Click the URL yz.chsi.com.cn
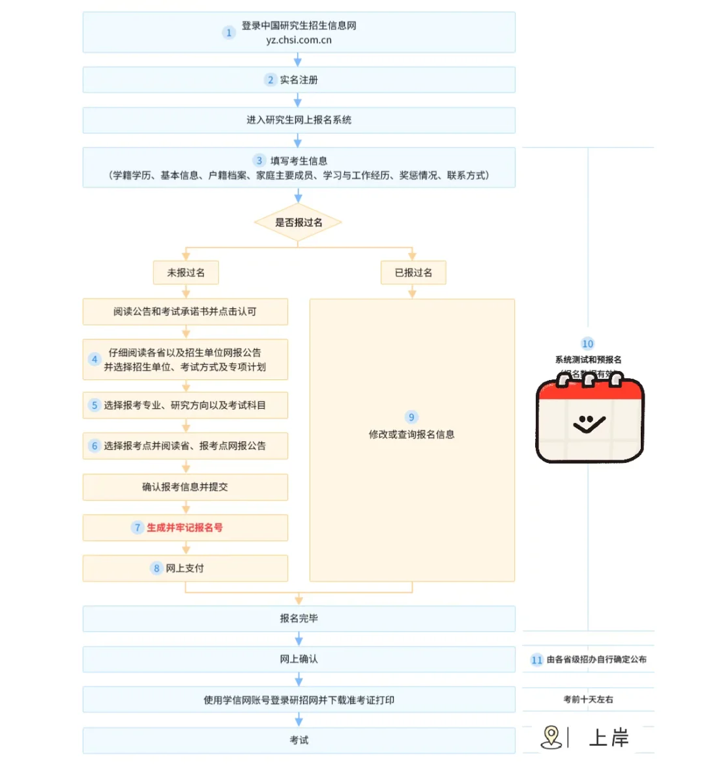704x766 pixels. pos(299,40)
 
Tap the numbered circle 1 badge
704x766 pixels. pos(229,33)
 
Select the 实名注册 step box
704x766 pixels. pos(299,80)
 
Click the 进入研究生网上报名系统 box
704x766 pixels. pos(299,120)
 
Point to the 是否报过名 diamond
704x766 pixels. pos(298,222)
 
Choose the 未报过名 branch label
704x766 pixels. pos(186,273)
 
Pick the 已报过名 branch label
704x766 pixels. pos(413,273)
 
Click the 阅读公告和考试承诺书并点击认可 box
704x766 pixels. pos(185,312)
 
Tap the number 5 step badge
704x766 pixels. pos(95,405)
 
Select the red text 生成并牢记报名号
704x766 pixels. pos(184,527)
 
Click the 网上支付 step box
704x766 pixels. pos(185,568)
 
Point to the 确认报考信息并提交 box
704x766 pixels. pos(185,487)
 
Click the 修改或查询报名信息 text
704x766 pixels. pos(411,434)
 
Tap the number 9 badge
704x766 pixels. pos(411,417)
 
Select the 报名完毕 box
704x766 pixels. pos(299,618)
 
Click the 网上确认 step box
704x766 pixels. pos(299,659)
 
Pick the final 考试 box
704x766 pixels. pos(299,740)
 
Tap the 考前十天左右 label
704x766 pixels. pos(588,700)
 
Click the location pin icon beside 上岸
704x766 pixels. pos(551,737)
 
